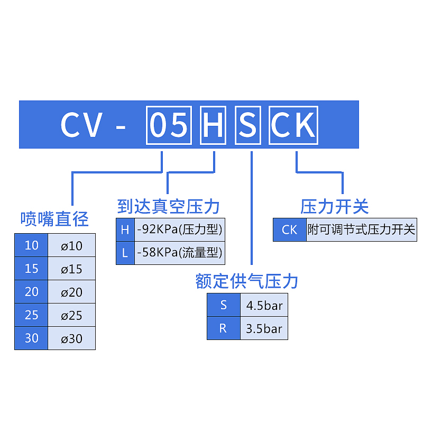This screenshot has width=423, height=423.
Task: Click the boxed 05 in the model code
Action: [x=169, y=125]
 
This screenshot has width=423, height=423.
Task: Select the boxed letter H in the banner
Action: [x=213, y=125]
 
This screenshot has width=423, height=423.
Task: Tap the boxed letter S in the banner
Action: [x=248, y=125]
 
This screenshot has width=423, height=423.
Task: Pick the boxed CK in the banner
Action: [x=293, y=125]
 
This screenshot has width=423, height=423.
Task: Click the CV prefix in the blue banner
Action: [x=81, y=125]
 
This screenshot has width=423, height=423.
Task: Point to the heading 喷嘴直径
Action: [x=54, y=219]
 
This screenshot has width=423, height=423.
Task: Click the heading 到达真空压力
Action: [x=168, y=207]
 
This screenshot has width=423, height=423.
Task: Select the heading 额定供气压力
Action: [x=246, y=281]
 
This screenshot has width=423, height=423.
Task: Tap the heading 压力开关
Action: [x=335, y=207]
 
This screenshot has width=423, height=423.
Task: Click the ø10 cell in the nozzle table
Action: [x=71, y=245]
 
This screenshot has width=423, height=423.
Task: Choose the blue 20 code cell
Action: [x=31, y=292]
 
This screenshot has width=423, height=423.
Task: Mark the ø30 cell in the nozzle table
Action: [x=71, y=338]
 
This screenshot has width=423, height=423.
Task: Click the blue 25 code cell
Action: [x=31, y=315]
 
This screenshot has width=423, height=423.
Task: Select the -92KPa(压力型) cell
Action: [x=180, y=229]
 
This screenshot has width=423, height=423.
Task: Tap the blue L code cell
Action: [x=125, y=253]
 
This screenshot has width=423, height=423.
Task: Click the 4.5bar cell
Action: [x=264, y=305]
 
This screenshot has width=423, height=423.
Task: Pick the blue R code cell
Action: [x=224, y=328]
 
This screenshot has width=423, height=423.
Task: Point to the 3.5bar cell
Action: [x=264, y=328]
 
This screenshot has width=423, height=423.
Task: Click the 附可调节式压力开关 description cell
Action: [x=362, y=229]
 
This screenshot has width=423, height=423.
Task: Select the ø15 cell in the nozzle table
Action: [x=71, y=269]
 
